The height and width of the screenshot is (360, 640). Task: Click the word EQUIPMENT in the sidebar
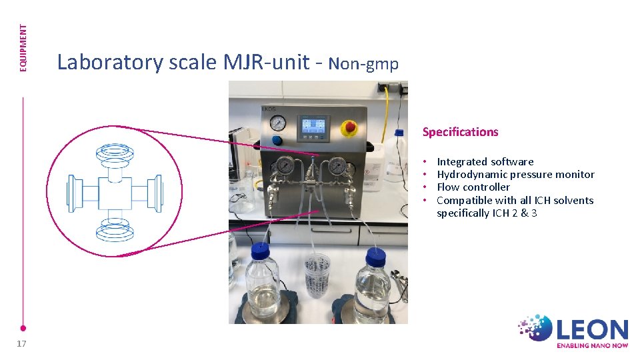23,48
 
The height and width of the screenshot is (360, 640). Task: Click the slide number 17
22,343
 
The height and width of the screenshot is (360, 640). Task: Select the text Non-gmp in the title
363,64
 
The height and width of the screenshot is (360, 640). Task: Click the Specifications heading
460,132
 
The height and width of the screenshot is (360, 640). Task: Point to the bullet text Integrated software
485,161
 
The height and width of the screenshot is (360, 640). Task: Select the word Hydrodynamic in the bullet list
467,175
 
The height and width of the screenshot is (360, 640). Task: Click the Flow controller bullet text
473,187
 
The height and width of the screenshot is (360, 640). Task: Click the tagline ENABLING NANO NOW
592,345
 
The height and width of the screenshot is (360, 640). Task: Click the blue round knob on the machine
277,141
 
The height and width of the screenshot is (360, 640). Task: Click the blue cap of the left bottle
259,251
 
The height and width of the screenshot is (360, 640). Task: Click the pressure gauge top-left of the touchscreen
278,123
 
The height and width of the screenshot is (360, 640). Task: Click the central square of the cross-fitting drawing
115,193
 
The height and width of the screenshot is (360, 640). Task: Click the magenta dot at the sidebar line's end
23,328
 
